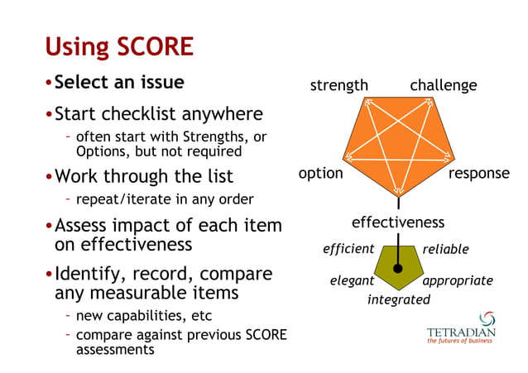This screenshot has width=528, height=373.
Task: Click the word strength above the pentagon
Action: pyautogui.click(x=338, y=86)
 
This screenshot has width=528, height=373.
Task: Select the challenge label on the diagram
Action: pyautogui.click(x=443, y=86)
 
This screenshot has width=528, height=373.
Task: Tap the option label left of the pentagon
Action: pyautogui.click(x=320, y=174)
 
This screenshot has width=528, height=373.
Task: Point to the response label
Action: pyautogui.click(x=478, y=174)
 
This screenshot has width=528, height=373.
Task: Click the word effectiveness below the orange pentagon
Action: pyautogui.click(x=397, y=222)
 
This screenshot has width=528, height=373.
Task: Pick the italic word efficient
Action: pyautogui.click(x=348, y=248)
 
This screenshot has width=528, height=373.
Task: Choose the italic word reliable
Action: pyautogui.click(x=445, y=249)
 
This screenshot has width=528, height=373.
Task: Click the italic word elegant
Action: pyautogui.click(x=352, y=281)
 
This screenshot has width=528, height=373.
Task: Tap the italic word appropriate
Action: pyautogui.click(x=458, y=281)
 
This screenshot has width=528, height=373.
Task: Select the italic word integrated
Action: pyautogui.click(x=398, y=299)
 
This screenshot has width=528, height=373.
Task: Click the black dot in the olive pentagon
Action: pyautogui.click(x=398, y=269)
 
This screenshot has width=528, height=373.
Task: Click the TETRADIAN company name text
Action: pyautogui.click(x=461, y=333)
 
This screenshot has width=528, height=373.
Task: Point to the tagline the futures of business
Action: pyautogui.click(x=461, y=343)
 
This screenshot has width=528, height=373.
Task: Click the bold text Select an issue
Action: pyautogui.click(x=119, y=83)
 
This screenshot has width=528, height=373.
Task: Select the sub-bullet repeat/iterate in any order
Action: pyautogui.click(x=164, y=199)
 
